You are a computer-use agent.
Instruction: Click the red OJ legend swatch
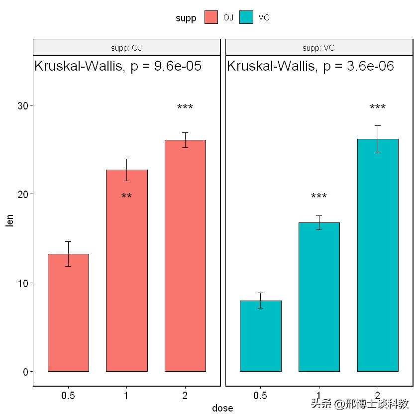click(x=211, y=17)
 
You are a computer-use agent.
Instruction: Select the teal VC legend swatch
click(x=246, y=17)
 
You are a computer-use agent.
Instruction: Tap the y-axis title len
click(x=9, y=219)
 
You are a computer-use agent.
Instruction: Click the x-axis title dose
click(x=222, y=408)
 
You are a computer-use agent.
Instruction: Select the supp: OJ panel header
click(x=126, y=48)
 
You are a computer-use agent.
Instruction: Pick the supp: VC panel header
click(x=319, y=48)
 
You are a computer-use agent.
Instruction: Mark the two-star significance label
click(x=126, y=197)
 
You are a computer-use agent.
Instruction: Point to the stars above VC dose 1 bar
click(x=319, y=197)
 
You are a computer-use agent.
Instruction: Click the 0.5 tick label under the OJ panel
click(x=68, y=396)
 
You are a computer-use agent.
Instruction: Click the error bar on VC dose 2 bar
click(x=378, y=139)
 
